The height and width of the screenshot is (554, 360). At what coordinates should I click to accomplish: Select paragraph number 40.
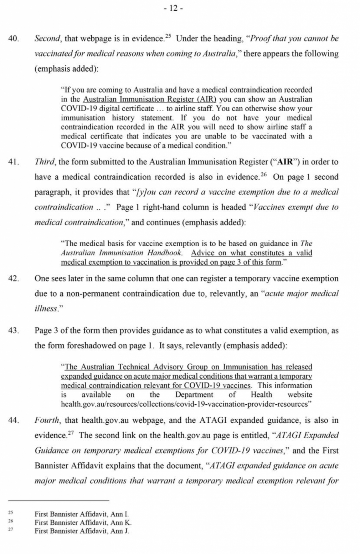[x=14, y=39]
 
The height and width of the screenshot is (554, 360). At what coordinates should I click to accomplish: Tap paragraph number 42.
[x=14, y=279]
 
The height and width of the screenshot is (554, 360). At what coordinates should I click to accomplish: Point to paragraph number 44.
[x=14, y=420]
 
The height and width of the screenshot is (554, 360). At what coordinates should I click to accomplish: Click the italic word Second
[x=47, y=39]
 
